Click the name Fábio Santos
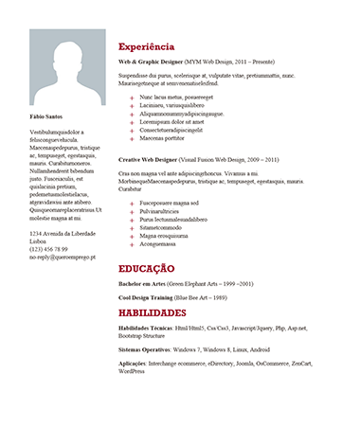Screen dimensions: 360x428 (x=47, y=116)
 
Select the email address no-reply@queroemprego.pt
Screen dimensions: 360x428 (x=63, y=257)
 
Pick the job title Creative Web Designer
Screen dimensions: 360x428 (x=152, y=161)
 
